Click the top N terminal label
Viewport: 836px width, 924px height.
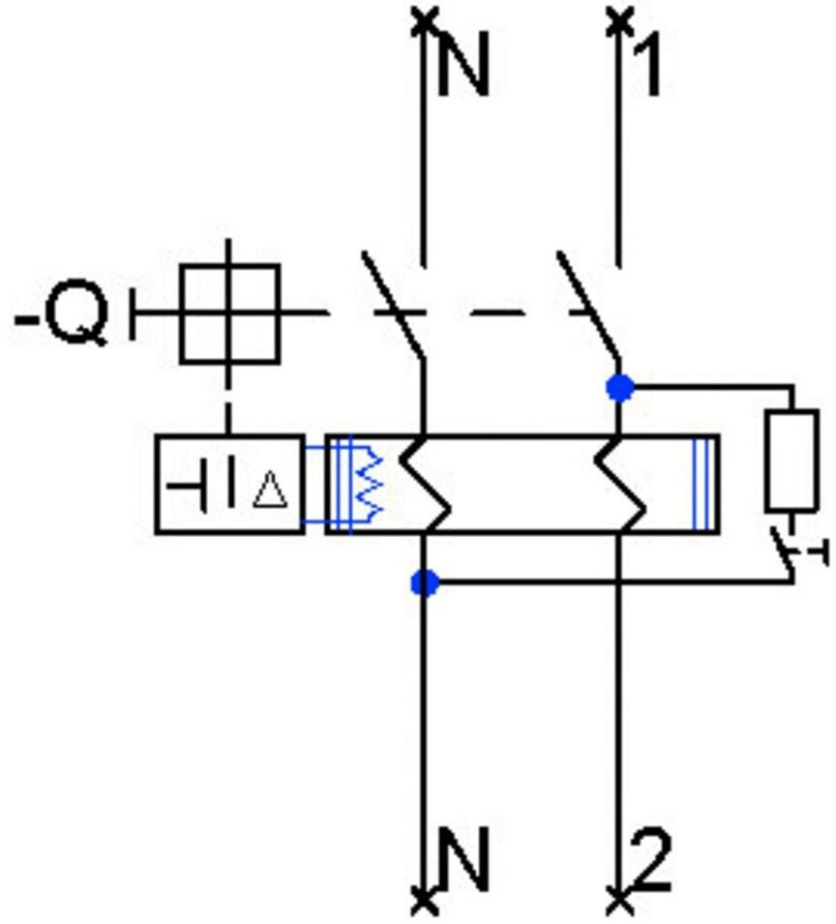(464, 64)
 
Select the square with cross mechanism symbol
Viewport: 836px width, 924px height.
(229, 314)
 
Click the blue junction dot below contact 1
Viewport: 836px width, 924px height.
(620, 388)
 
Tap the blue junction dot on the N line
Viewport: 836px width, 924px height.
(425, 583)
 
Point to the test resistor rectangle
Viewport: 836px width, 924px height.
(791, 461)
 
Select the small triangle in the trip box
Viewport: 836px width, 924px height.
(270, 490)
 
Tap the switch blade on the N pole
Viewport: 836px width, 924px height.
(393, 305)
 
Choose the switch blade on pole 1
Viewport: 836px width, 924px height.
(589, 305)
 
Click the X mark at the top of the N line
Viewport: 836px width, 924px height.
(424, 20)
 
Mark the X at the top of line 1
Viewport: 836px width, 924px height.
(618, 20)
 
